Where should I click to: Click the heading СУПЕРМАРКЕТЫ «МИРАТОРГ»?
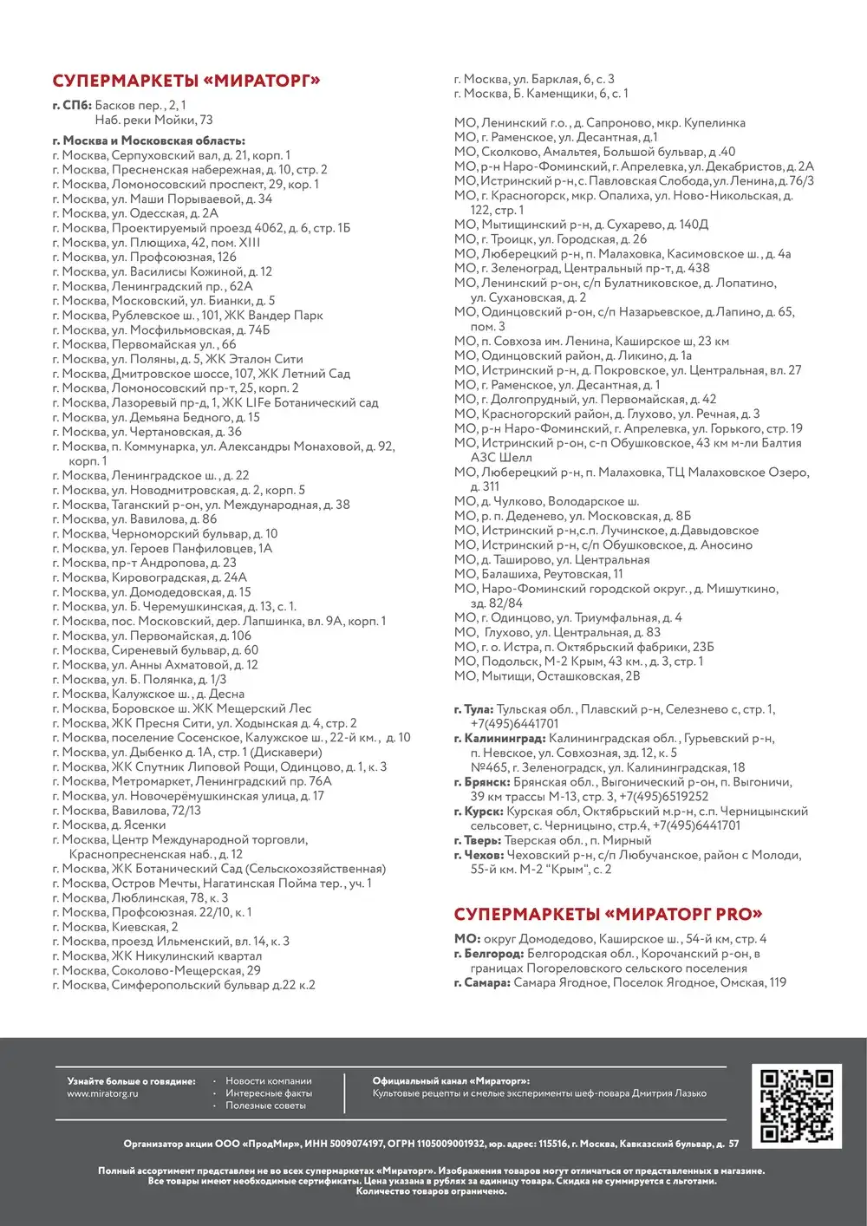[186, 82]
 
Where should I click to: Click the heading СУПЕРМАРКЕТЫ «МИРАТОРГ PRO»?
[608, 915]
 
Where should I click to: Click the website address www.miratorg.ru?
[102, 1093]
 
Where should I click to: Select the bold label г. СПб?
[72, 106]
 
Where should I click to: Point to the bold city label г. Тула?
[473, 709]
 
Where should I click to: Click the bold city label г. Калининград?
[499, 739]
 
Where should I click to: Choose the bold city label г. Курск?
[479, 812]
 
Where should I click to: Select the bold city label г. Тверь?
[478, 840]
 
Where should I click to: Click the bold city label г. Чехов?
[478, 855]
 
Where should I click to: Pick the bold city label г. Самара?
[482, 983]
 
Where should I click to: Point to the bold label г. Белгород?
[489, 954]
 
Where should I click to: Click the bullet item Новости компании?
[268, 1081]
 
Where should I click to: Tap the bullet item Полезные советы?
[265, 1105]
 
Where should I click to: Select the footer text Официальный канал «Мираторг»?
[451, 1081]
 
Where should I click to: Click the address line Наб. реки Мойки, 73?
[153, 121]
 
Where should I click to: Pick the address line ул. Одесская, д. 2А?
[135, 213]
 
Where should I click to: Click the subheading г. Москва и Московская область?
[148, 140]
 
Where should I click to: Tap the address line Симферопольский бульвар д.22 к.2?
[184, 985]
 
